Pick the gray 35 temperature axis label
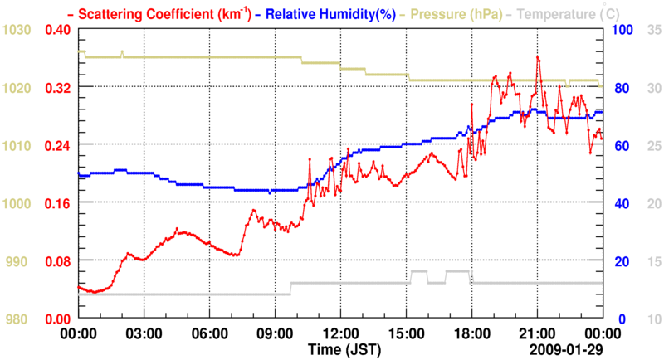point(653,30)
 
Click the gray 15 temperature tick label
point(653,261)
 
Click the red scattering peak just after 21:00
point(538,57)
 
